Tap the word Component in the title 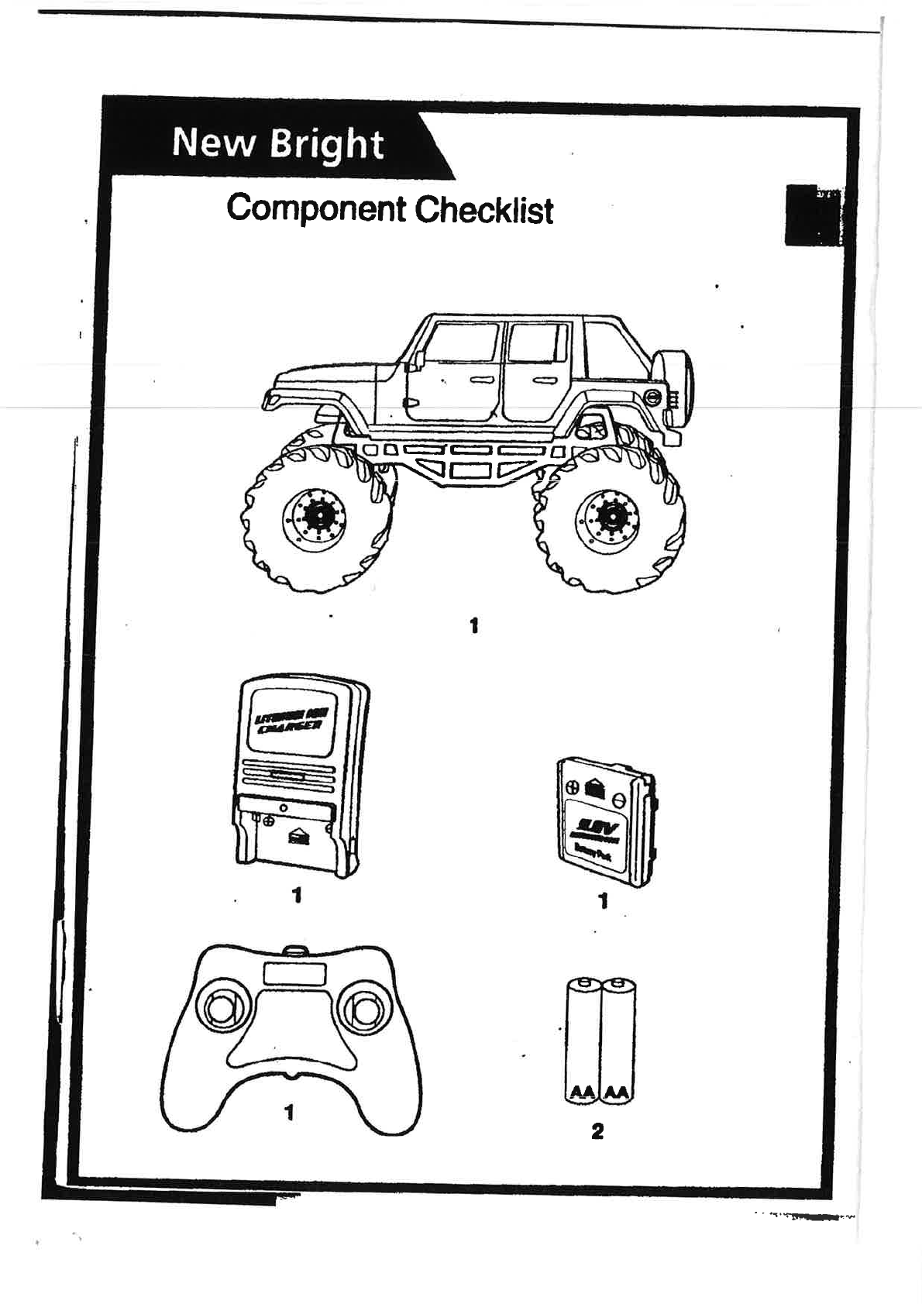pos(316,209)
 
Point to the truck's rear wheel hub pos(608,514)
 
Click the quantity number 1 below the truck pos(473,624)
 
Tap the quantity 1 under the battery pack pos(604,901)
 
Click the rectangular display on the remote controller pos(294,972)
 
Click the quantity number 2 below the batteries pos(597,1131)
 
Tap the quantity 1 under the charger pos(296,895)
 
